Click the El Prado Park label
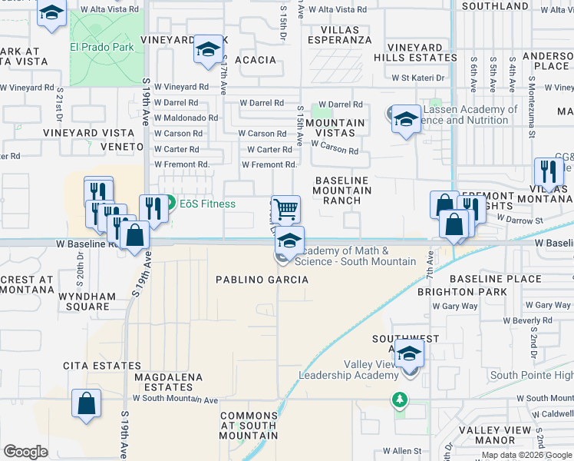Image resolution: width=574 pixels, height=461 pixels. (101, 47)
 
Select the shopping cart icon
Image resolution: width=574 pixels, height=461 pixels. (285, 207)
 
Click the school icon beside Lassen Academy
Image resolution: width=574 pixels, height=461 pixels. (406, 118)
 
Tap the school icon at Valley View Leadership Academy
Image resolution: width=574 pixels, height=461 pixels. (410, 353)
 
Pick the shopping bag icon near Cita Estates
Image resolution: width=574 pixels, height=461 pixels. (87, 402)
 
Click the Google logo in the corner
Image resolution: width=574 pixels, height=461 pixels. (25, 452)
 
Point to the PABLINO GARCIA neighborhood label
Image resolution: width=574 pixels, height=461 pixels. (262, 280)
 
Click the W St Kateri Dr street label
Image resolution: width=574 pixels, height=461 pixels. (417, 78)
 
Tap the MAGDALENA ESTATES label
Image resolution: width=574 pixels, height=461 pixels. (168, 383)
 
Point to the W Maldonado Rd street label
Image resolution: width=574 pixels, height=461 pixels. (186, 118)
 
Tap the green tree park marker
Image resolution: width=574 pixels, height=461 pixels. (398, 400)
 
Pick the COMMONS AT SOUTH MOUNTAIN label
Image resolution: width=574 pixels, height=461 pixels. (248, 426)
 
